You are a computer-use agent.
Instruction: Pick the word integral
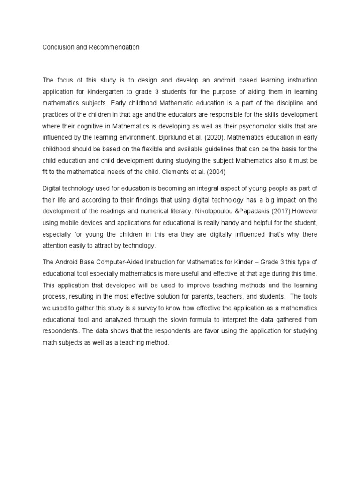coord(193,188)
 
